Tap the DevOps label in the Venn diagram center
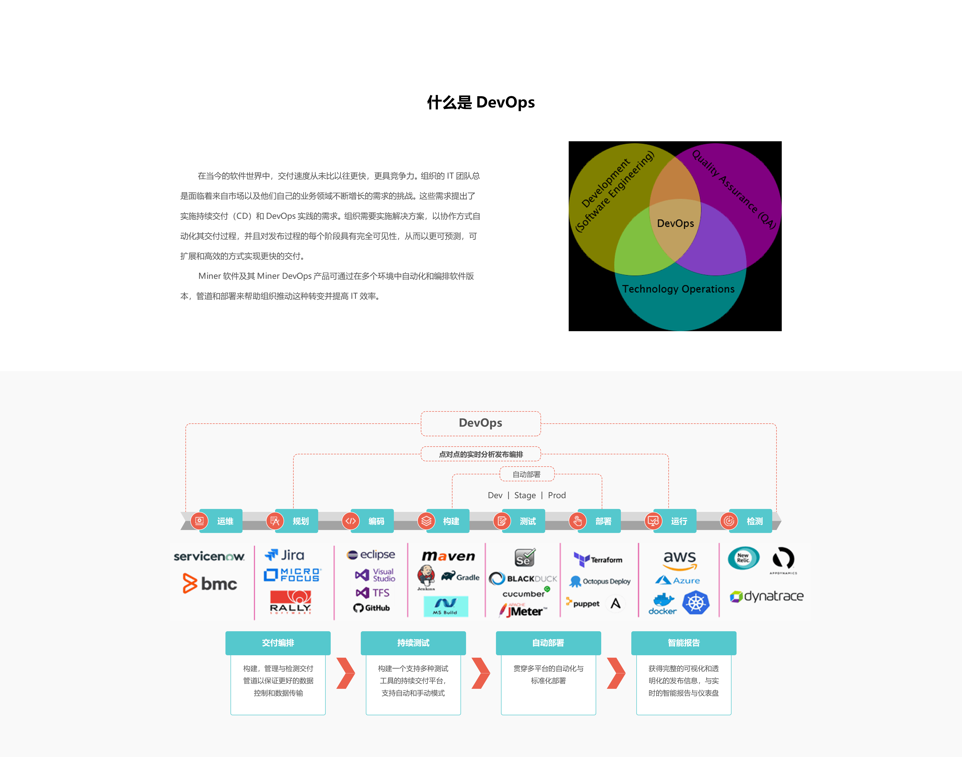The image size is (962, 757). pyautogui.click(x=675, y=223)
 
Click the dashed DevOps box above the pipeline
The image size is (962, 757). pyautogui.click(x=480, y=423)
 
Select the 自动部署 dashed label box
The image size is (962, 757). pyautogui.click(x=527, y=474)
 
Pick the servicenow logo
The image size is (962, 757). pyautogui.click(x=209, y=556)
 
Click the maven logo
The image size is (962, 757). pyautogui.click(x=448, y=556)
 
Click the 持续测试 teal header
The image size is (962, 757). pyautogui.click(x=413, y=643)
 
